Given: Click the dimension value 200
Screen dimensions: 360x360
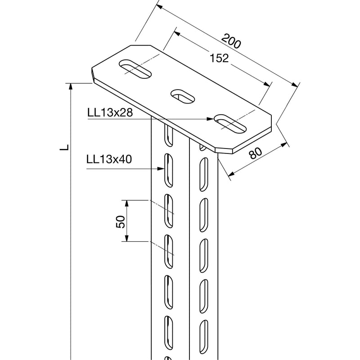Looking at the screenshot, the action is pyautogui.click(x=231, y=41).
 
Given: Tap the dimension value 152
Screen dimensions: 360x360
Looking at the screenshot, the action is pyautogui.click(x=219, y=58).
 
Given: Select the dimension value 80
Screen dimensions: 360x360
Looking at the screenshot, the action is pyautogui.click(x=255, y=153).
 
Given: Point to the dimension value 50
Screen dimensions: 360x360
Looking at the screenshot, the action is pyautogui.click(x=121, y=221).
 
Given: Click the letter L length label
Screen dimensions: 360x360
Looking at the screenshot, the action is pyautogui.click(x=64, y=147).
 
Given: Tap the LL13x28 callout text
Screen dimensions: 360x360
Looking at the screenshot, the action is pyautogui.click(x=110, y=112).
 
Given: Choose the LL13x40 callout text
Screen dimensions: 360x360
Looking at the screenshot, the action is pyautogui.click(x=109, y=159).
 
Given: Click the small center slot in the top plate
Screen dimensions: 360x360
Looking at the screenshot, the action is pyautogui.click(x=182, y=96).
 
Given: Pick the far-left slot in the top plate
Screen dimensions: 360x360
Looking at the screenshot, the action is pyautogui.click(x=135, y=69).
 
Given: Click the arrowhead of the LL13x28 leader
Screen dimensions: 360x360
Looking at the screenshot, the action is pyautogui.click(x=210, y=119).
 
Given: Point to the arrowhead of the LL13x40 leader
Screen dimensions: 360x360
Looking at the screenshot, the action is pyautogui.click(x=161, y=169).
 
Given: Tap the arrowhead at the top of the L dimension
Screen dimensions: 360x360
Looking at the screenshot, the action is pyautogui.click(x=71, y=86).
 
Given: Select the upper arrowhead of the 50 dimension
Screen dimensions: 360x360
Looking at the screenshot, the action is pyautogui.click(x=126, y=203).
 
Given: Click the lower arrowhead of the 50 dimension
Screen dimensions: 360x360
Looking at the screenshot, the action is pyautogui.click(x=126, y=238).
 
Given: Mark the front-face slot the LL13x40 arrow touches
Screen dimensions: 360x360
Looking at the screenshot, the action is pyautogui.click(x=168, y=170).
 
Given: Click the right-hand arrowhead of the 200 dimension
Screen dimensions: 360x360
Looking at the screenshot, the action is pyautogui.click(x=295, y=85).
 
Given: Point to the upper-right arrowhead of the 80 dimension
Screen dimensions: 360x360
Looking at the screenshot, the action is pyautogui.click(x=284, y=144).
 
